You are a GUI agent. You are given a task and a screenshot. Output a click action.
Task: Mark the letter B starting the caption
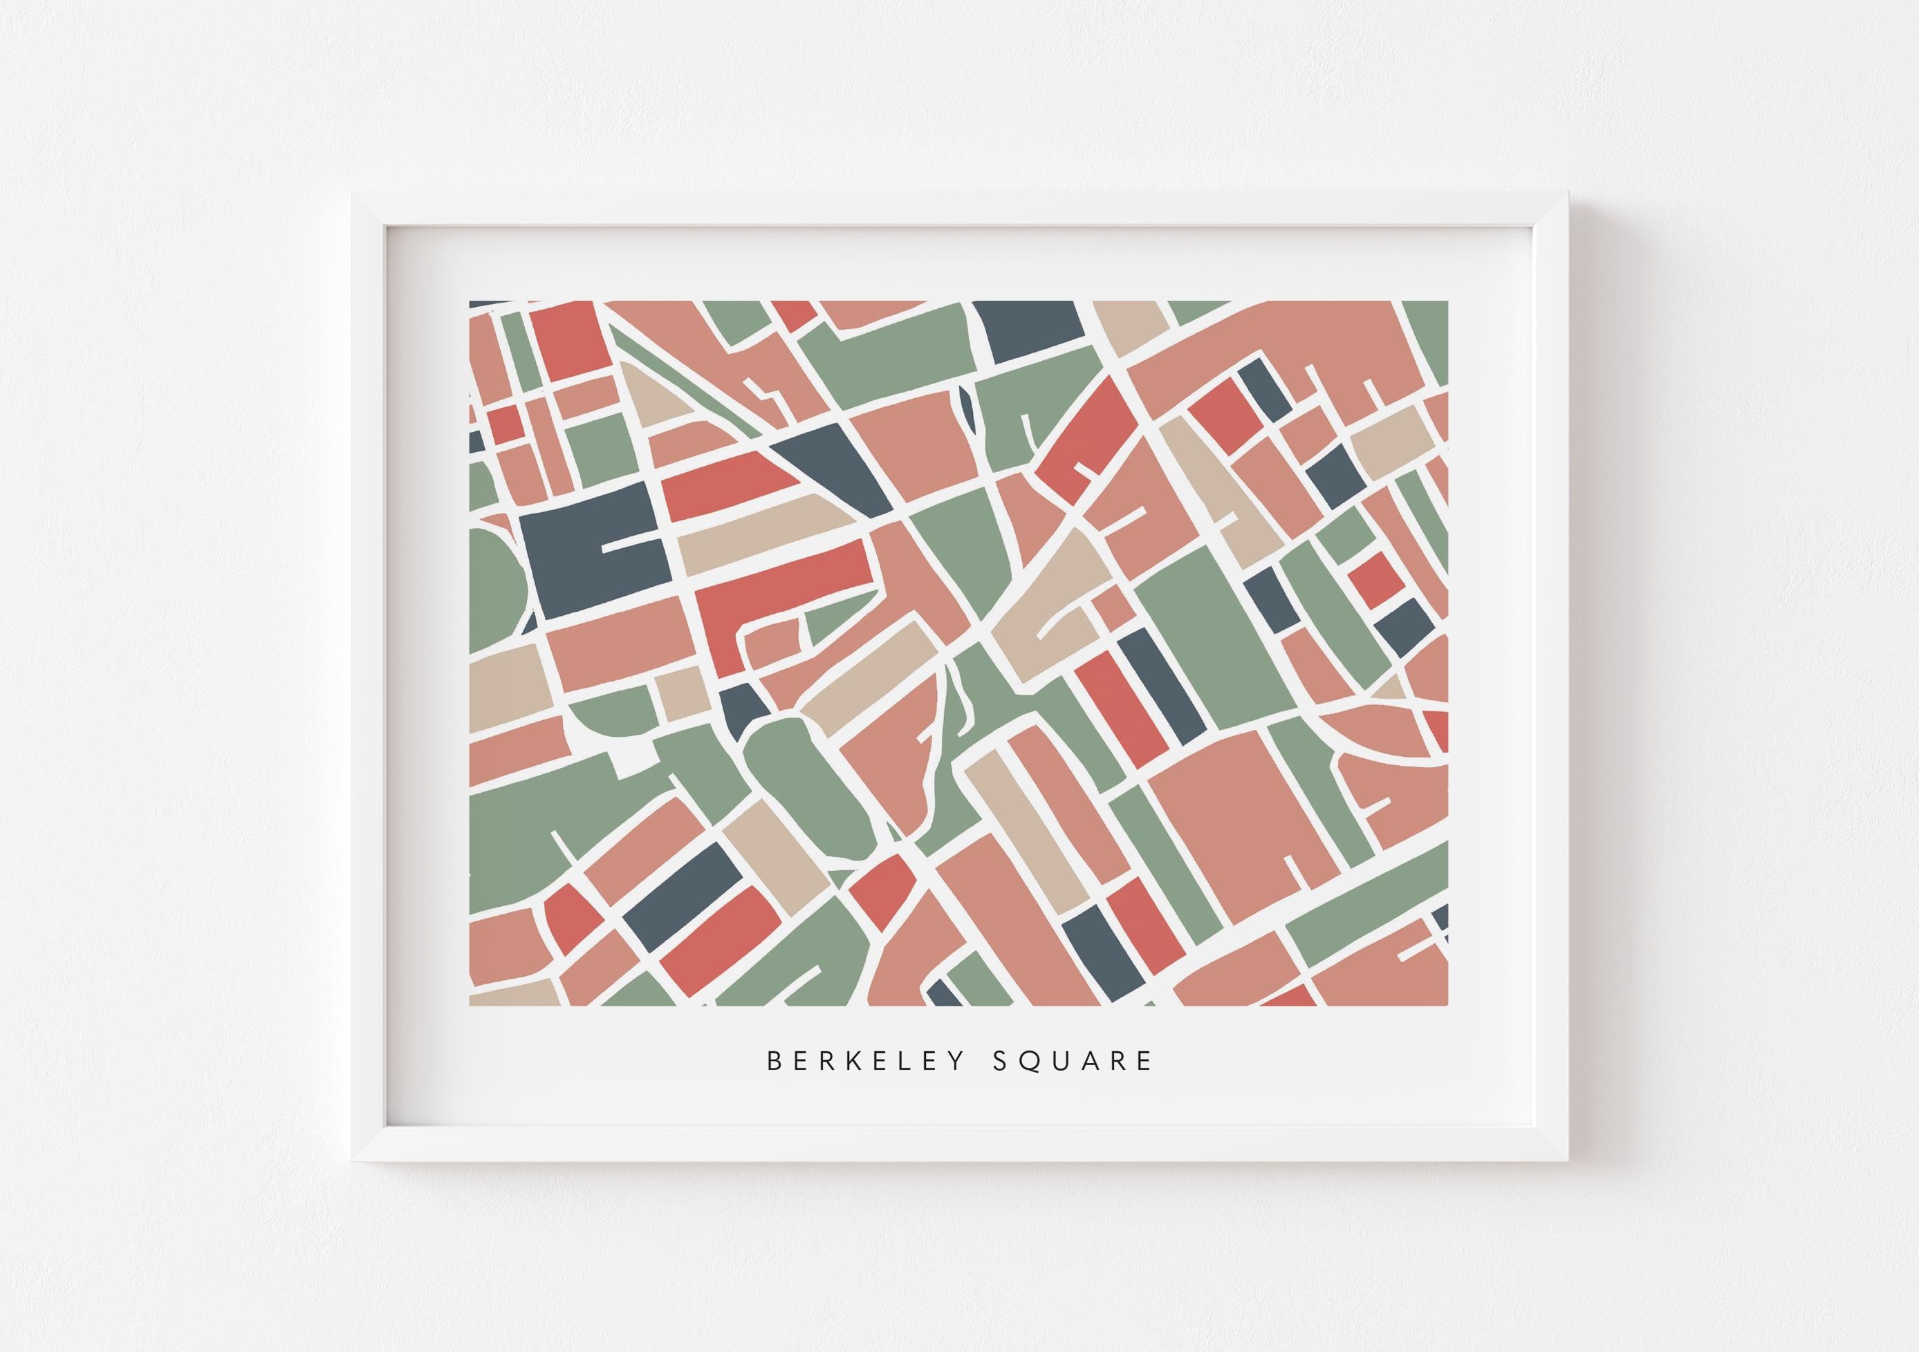774,1061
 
